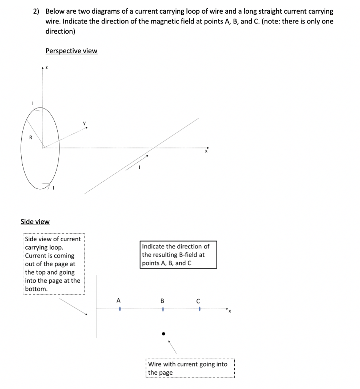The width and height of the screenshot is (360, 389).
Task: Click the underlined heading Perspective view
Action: point(71,51)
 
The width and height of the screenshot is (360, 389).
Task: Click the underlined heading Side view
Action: point(35,221)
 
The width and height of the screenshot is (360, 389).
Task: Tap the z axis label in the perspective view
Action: point(46,67)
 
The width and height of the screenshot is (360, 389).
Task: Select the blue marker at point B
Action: point(163,309)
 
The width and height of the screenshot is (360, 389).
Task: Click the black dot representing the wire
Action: point(163,334)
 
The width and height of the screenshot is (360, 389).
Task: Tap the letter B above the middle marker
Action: point(163,301)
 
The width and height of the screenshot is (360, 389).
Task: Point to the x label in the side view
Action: point(229,313)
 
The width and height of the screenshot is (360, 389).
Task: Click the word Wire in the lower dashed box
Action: point(155,364)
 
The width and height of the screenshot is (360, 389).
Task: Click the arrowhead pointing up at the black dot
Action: point(169,341)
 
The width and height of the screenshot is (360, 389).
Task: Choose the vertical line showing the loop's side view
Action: point(96,306)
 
